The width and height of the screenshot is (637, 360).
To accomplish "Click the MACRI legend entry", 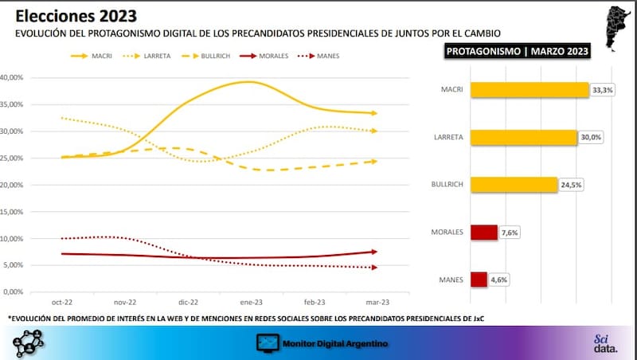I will point(96,56).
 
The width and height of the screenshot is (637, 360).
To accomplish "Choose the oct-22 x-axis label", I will point(62,303).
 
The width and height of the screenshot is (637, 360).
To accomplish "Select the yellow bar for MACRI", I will point(530,90).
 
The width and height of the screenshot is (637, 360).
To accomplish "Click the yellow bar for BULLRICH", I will point(513,185).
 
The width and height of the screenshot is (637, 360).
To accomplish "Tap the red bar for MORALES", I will point(484,232).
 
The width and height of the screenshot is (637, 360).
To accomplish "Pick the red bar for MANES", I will point(479,280).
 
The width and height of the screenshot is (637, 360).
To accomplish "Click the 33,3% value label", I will point(602,90).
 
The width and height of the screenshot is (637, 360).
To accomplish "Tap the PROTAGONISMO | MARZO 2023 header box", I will point(518,51).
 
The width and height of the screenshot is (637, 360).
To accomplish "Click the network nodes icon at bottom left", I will point(29,342).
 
